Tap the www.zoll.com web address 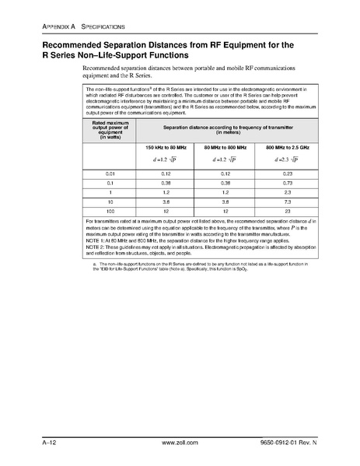[179, 442]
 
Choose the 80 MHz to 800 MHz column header [222, 145]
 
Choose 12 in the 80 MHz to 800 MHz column [222, 211]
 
